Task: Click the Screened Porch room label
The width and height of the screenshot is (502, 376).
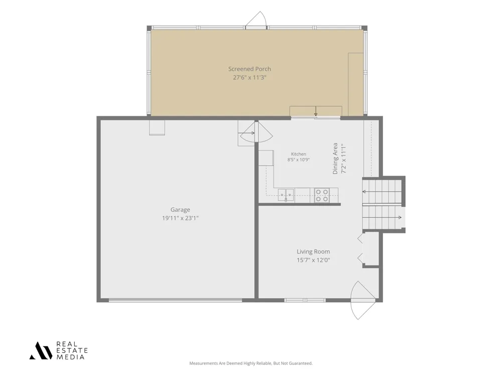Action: tap(249, 69)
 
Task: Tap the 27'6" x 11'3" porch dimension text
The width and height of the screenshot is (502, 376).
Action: tap(249, 77)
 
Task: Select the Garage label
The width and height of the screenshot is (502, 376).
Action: tap(180, 210)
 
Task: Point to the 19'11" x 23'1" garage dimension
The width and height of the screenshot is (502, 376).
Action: tap(180, 218)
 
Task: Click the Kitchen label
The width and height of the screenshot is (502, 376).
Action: tap(298, 154)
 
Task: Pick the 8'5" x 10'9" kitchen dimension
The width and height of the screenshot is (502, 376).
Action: tap(298, 160)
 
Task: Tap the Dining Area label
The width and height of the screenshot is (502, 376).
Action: tap(335, 158)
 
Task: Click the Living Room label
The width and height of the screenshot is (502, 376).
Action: tap(313, 252)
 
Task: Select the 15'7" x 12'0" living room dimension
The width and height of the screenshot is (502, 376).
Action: tap(313, 260)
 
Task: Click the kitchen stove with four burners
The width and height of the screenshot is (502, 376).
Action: tap(322, 196)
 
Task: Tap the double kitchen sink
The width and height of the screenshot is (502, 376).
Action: tap(286, 195)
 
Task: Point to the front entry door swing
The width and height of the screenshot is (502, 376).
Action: tap(363, 300)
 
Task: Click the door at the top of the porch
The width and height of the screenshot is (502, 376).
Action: tap(256, 20)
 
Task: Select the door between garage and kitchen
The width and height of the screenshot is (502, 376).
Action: tap(256, 133)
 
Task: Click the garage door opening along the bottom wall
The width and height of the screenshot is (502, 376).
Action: tap(175, 300)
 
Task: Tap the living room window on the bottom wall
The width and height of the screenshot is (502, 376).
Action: tap(305, 300)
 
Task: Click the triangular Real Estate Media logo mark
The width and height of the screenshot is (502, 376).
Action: tap(41, 350)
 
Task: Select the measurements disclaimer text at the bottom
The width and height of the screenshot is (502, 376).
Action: tap(250, 363)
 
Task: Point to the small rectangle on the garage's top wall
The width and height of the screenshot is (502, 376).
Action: tap(157, 127)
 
